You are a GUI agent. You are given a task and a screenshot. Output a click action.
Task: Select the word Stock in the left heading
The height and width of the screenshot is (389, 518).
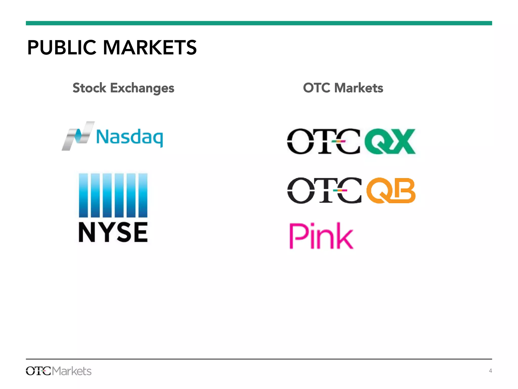pyautogui.click(x=89, y=88)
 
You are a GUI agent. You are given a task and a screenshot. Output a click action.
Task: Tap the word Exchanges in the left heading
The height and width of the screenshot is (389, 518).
pyautogui.click(x=142, y=88)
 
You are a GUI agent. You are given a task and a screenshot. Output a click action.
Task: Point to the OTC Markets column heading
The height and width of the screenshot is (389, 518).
pyautogui.click(x=343, y=88)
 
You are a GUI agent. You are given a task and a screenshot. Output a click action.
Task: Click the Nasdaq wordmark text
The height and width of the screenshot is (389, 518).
pyautogui.click(x=129, y=137)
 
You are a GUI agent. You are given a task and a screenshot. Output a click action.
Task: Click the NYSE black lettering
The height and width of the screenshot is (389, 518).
pyautogui.click(x=113, y=232)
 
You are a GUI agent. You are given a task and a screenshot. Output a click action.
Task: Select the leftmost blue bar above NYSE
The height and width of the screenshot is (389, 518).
pyautogui.click(x=83, y=195)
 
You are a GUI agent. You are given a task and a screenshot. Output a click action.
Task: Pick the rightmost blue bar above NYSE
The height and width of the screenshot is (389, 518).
pyautogui.click(x=143, y=195)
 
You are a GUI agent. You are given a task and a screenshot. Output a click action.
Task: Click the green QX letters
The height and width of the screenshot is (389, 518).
pyautogui.click(x=390, y=141)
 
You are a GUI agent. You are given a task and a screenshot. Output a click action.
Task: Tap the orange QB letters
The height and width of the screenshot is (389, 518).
pyautogui.click(x=391, y=190)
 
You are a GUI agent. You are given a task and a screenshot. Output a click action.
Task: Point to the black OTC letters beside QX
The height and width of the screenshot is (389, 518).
pyautogui.click(x=323, y=142)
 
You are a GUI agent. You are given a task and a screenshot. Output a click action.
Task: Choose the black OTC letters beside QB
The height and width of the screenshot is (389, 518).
pyautogui.click(x=324, y=191)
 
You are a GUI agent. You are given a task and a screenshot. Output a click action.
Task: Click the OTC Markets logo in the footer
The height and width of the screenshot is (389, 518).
pyautogui.click(x=58, y=371)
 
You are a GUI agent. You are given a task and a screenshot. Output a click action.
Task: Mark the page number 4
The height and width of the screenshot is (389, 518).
pyautogui.click(x=490, y=371)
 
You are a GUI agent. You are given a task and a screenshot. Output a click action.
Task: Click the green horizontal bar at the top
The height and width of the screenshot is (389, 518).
pyautogui.click(x=259, y=23)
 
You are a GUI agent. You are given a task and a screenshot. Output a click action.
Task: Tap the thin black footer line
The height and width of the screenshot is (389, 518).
pyautogui.click(x=259, y=359)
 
